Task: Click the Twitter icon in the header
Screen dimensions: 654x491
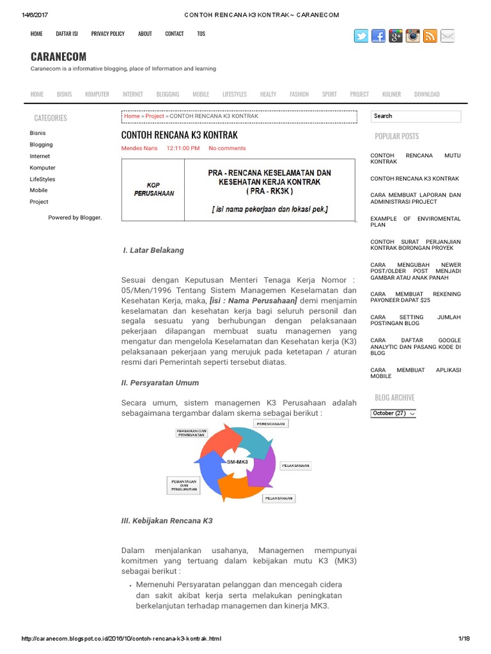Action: [361, 36]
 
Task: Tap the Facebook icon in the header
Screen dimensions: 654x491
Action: [378, 36]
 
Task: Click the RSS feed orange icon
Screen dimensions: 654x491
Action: [430, 36]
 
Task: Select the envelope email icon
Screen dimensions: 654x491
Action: [448, 36]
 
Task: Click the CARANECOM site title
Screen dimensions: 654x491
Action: [58, 57]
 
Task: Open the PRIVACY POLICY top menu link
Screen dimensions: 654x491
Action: [107, 34]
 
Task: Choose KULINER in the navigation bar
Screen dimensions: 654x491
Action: [391, 94]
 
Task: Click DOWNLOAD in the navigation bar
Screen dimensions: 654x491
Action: [426, 94]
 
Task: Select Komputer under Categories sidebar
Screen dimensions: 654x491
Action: [42, 167]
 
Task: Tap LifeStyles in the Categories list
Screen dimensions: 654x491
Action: [42, 179]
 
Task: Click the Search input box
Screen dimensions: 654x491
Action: [416, 116]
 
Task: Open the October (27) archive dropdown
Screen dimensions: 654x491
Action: [393, 413]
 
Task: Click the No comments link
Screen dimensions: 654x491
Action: [227, 148]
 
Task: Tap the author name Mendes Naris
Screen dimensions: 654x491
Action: [139, 148]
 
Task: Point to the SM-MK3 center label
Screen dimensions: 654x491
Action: [237, 461]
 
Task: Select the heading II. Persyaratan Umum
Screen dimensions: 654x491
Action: [160, 383]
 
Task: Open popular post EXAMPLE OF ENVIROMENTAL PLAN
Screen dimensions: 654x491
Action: [415, 222]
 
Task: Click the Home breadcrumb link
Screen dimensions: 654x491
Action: [132, 116]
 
